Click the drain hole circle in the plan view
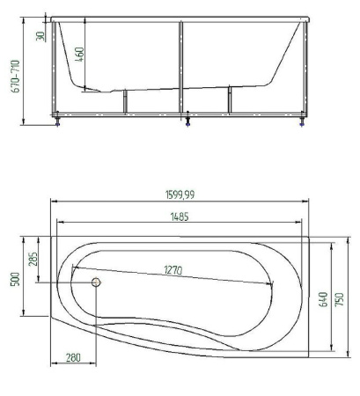click(97, 282)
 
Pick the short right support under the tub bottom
click(230, 99)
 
